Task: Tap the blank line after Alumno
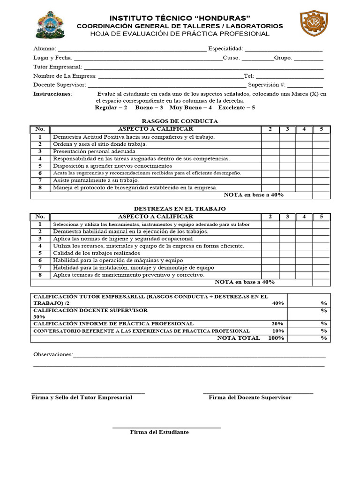pos(131,49)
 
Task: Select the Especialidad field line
pos(283,49)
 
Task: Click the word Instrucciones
pos(52,94)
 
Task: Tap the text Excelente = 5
pos(237,107)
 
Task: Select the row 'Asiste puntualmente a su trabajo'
pos(96,180)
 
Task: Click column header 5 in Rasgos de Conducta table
pos(321,129)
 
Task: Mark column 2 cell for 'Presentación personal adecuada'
pos(270,151)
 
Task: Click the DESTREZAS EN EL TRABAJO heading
pos(180,208)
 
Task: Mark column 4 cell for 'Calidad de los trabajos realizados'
pos(304,253)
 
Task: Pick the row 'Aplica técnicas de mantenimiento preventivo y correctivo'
pos(128,275)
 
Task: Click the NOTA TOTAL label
pos(238,338)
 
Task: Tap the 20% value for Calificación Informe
pos(277,324)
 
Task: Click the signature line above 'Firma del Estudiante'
pos(166,427)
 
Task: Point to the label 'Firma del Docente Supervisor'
pos(250,397)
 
